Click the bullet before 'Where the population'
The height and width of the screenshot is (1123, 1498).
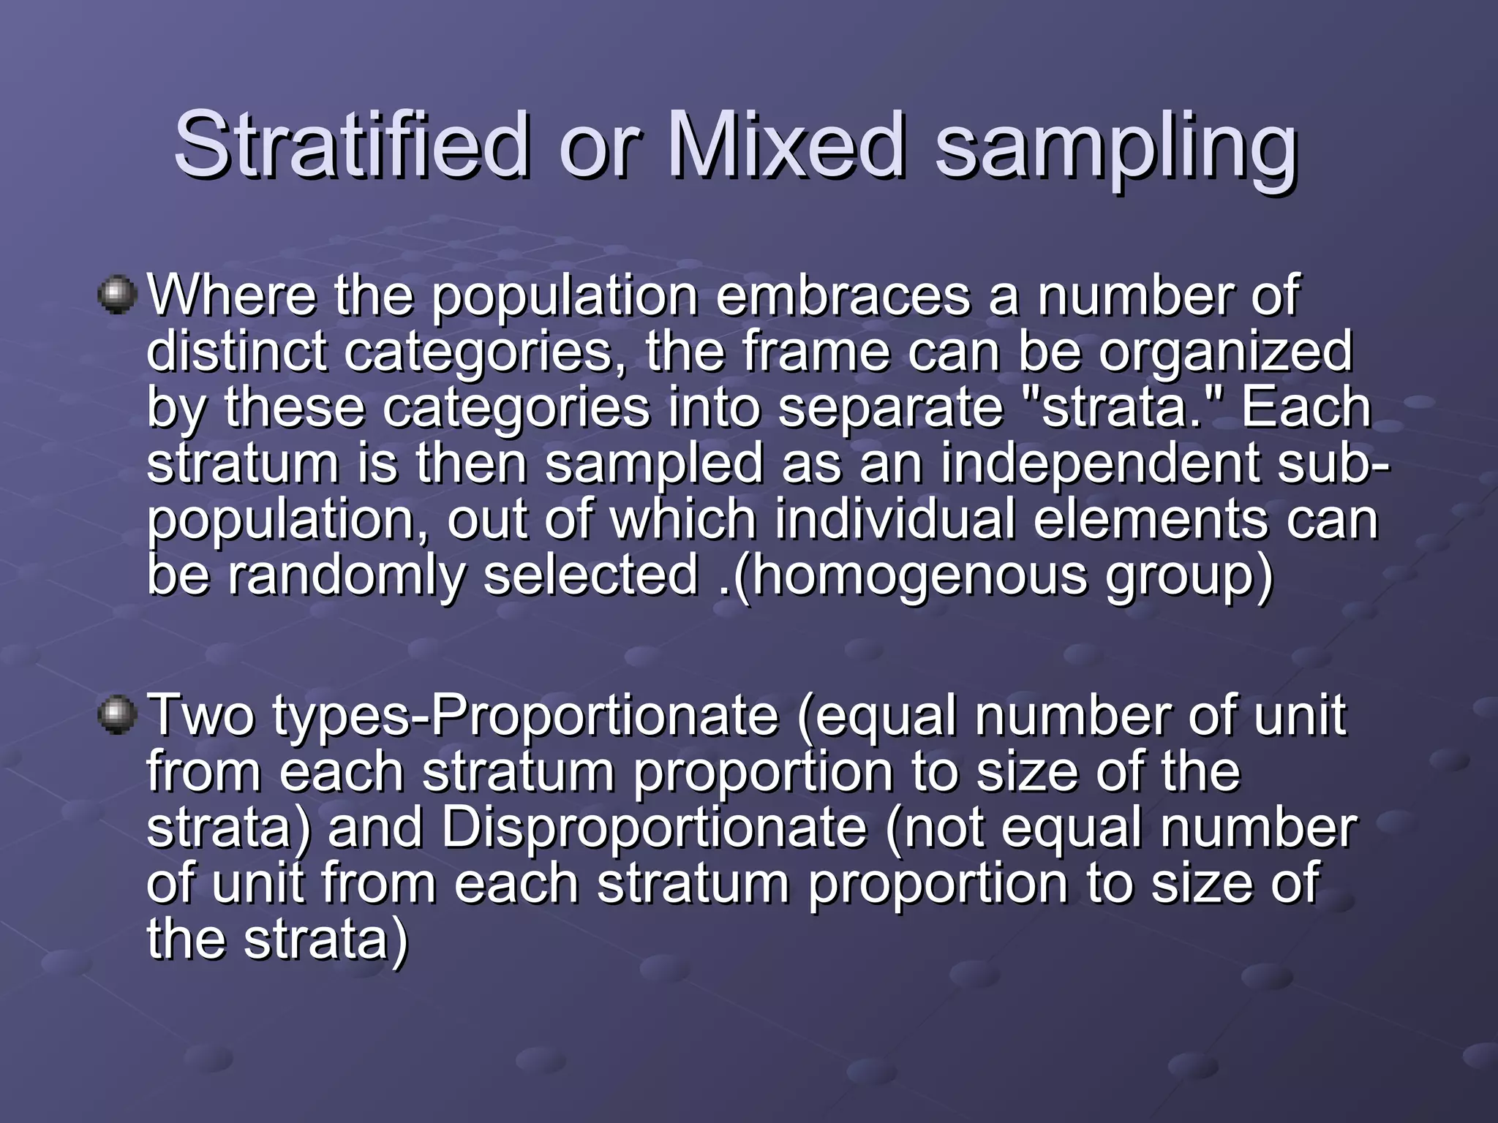(117, 295)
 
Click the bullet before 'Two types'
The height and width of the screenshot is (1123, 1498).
(117, 714)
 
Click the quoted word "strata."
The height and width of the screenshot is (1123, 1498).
(1120, 407)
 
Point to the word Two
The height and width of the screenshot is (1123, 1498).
(201, 716)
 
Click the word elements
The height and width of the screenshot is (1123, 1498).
(1149, 520)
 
